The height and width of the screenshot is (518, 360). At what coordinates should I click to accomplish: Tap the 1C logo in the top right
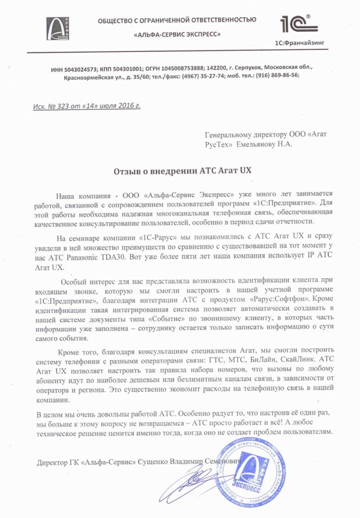tap(298, 24)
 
